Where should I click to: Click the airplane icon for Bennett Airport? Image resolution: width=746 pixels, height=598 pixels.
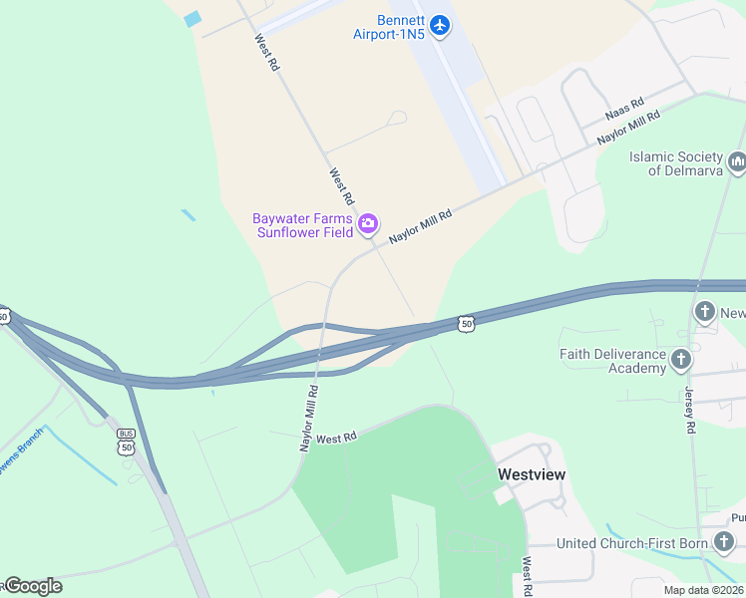pos(440,22)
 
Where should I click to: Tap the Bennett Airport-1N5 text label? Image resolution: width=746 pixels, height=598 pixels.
pos(388,27)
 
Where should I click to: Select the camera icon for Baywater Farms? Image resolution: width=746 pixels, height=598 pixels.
pos(368,223)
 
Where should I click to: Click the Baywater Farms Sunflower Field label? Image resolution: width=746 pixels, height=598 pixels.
pos(302,225)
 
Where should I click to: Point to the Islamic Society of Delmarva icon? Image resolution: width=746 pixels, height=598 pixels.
pos(737,160)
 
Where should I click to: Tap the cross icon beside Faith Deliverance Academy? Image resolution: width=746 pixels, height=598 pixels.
pos(682,359)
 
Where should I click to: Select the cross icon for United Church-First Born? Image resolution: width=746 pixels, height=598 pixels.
pos(724,542)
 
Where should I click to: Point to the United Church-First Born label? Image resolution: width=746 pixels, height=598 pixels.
pos(631,543)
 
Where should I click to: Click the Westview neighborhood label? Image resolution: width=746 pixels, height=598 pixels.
pos(532,474)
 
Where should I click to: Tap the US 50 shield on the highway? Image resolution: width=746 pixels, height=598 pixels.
pos(466,323)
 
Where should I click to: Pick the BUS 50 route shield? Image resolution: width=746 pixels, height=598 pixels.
pos(126,441)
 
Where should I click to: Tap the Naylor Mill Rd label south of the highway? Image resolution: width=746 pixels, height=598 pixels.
pos(309,419)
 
